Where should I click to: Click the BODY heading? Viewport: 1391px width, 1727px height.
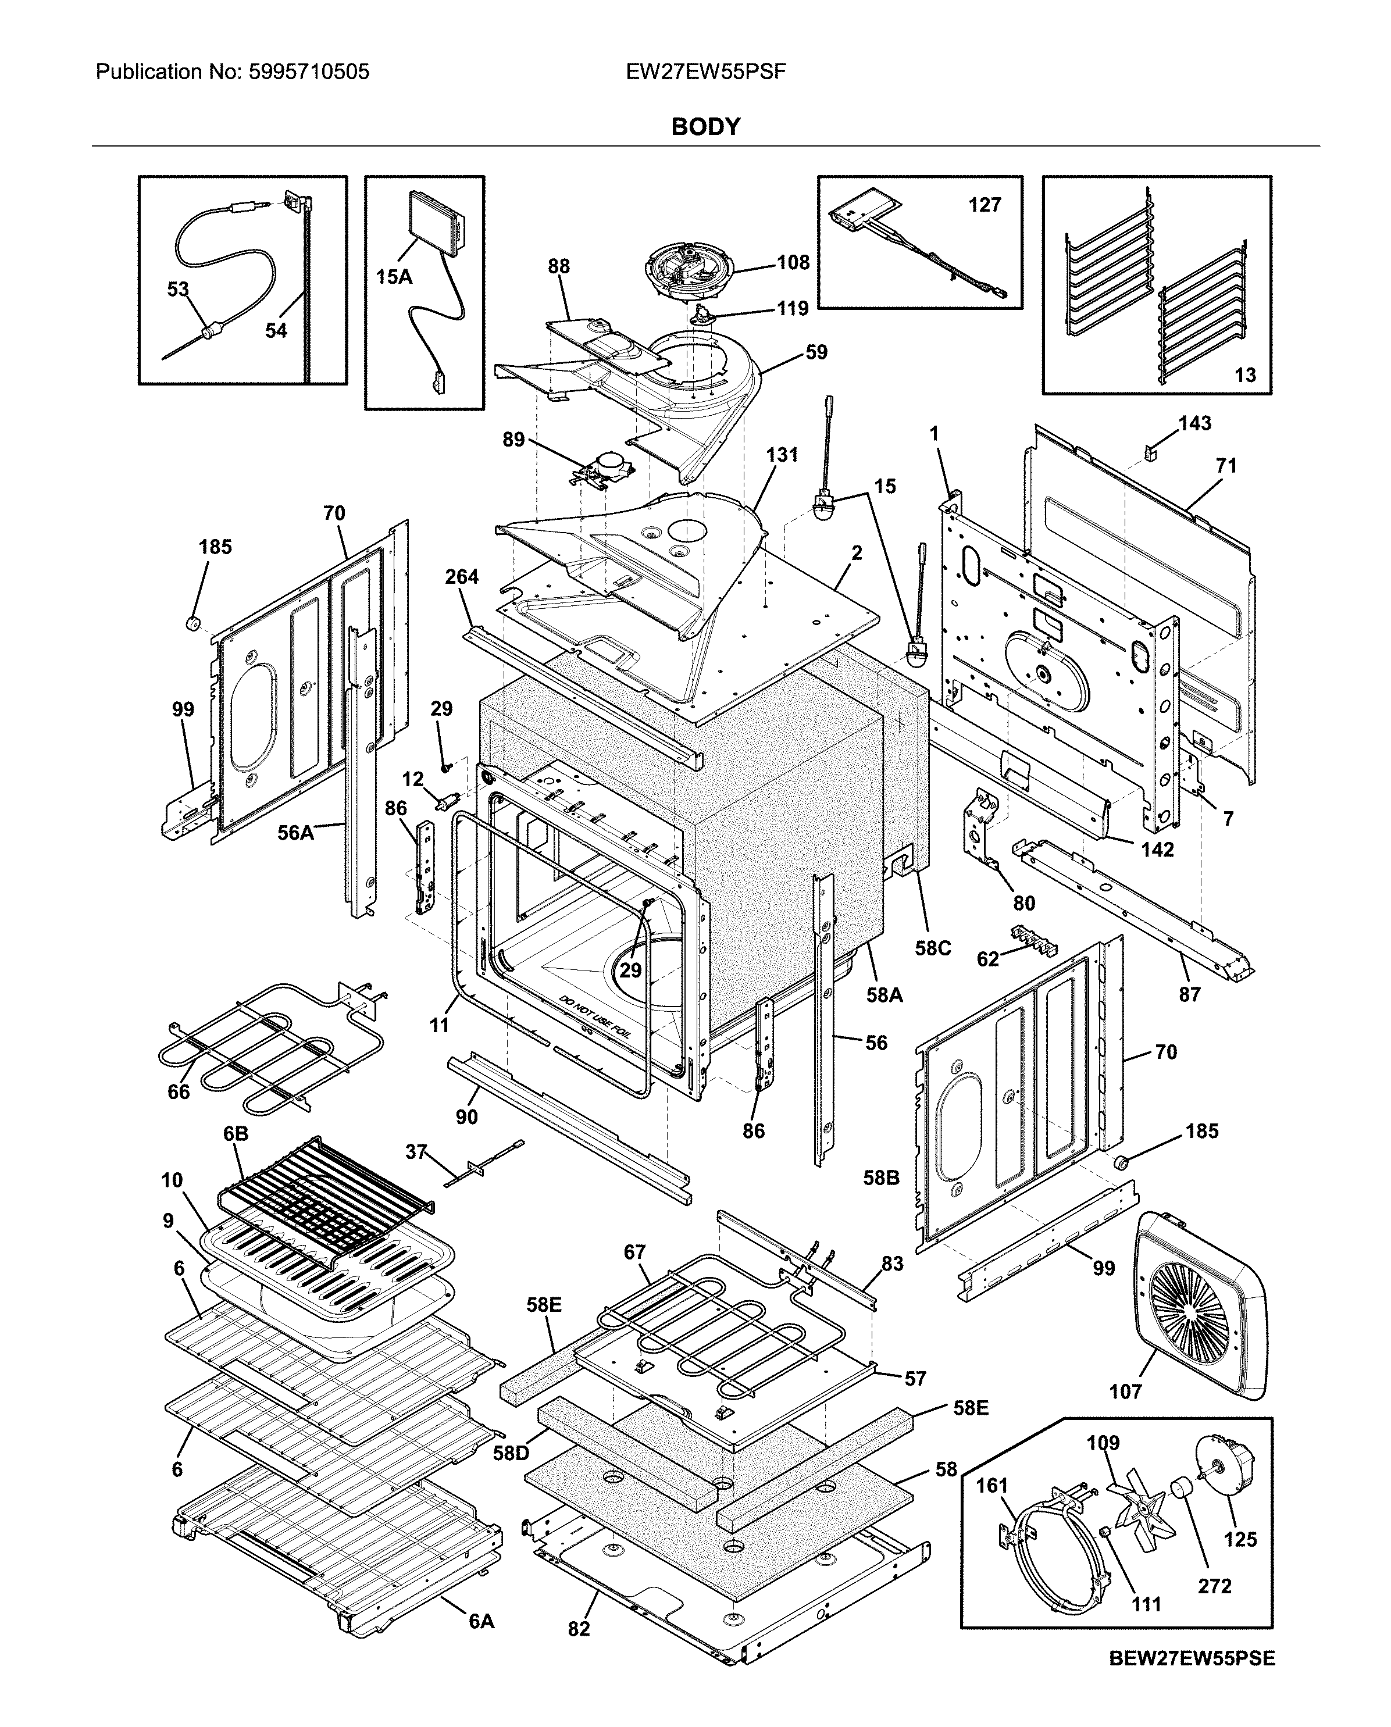pos(705,127)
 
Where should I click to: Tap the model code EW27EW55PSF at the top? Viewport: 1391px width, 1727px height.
pos(705,72)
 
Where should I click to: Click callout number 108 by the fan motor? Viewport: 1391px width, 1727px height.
pos(793,263)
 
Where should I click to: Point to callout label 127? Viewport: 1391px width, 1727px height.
pos(984,205)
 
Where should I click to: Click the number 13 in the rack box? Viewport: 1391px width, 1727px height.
pos(1244,375)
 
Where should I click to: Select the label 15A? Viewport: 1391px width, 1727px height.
pos(394,277)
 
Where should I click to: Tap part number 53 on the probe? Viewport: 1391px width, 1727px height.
pos(178,289)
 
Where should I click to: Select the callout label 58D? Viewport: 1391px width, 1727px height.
pos(511,1453)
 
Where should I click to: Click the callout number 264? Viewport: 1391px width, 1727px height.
pos(462,577)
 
